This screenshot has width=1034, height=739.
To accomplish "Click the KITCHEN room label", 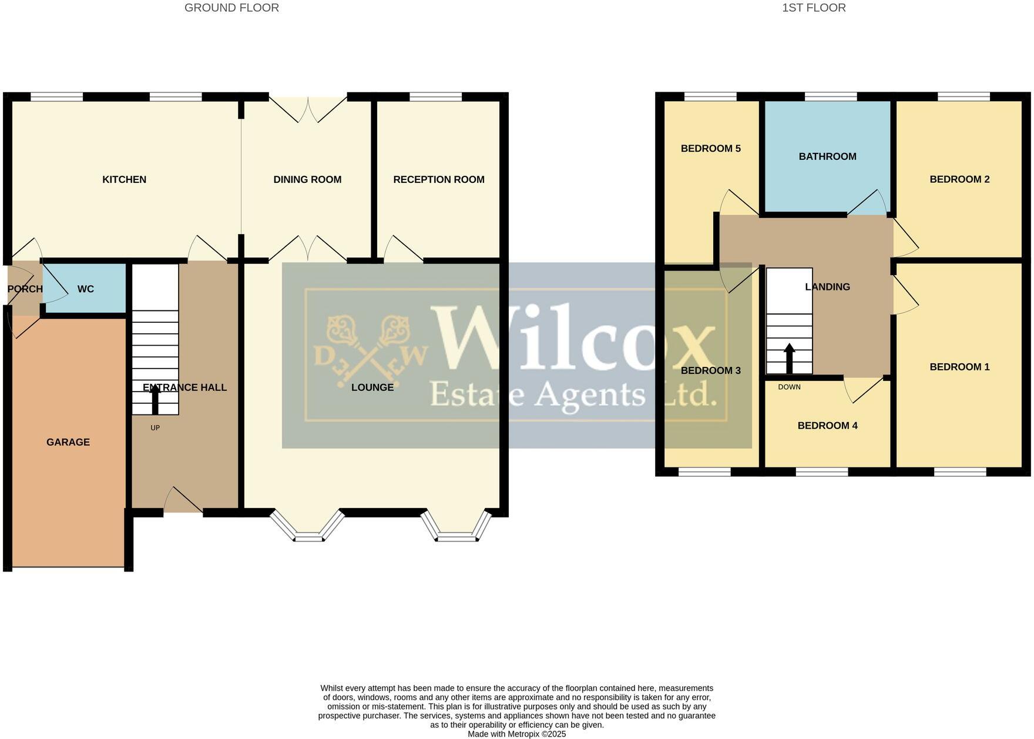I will pos(124,179).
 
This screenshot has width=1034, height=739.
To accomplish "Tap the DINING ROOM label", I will pos(307,179).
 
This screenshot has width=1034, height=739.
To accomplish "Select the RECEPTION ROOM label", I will pos(439,179).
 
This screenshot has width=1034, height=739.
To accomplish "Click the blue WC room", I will pos(86,289).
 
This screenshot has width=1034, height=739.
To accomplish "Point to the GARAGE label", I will pos(68,442).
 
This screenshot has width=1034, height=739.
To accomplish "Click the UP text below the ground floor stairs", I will pos(155,428).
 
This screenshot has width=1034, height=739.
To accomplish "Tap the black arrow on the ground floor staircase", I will pos(155,400).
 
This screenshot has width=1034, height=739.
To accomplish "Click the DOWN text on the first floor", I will pos(789,387).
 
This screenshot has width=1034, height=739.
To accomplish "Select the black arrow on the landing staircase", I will pos(789,358).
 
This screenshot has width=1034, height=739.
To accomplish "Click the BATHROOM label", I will pos(827,156).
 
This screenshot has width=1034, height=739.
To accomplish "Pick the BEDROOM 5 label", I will pos(710,148).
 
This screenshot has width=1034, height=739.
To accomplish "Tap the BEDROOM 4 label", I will pos(827,425).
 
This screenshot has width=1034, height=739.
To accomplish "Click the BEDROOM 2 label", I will pos(959,179).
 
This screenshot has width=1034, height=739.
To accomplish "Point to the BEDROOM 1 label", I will pos(959,367).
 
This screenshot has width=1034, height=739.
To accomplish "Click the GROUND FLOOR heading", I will pos(231,8).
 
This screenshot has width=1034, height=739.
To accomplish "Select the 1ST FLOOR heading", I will pos(814,8).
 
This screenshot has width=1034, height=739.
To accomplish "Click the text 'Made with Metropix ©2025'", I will pos(516,734).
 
